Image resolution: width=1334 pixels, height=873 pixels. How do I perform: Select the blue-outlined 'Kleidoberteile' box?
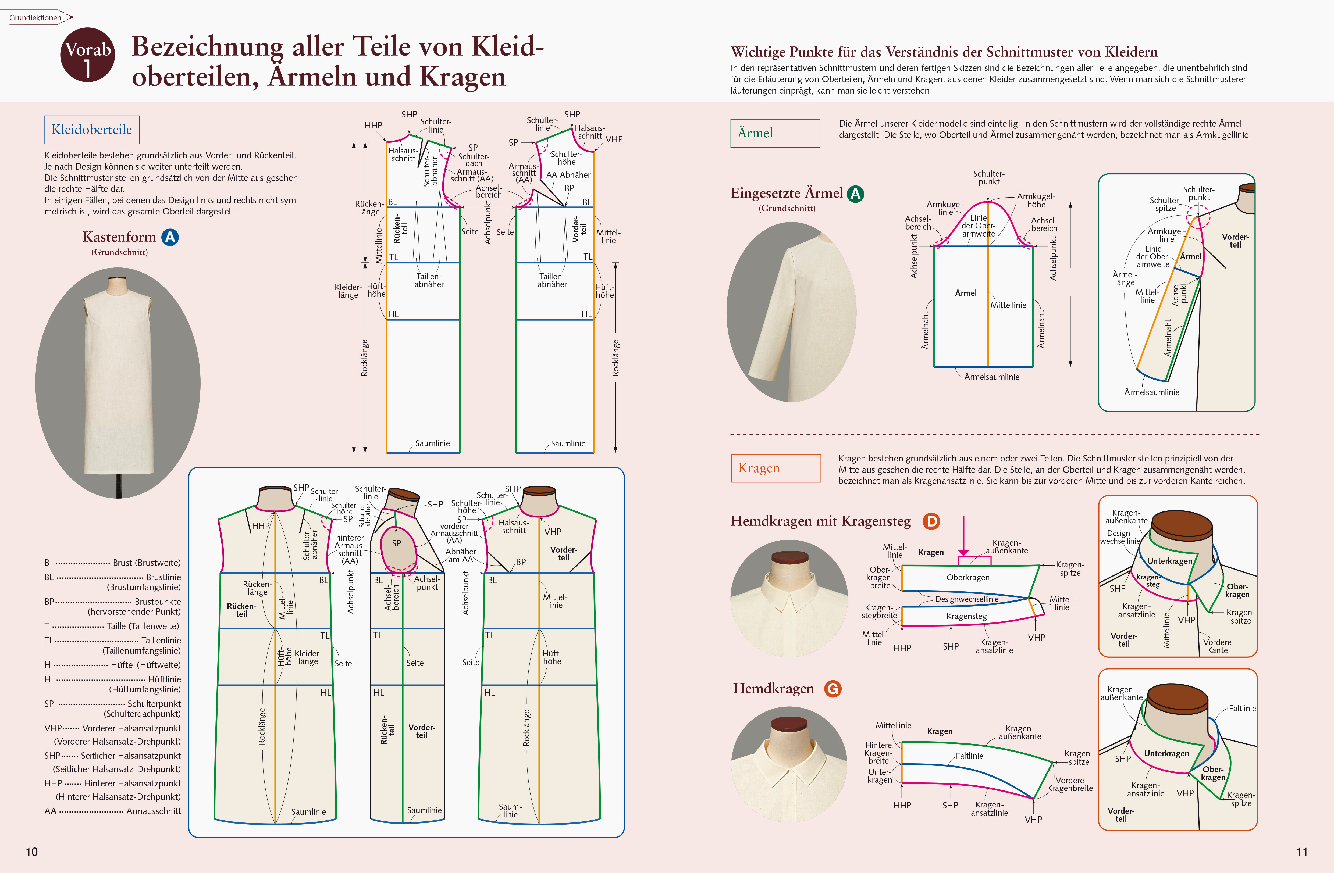92,130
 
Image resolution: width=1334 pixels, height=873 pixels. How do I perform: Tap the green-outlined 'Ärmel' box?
775,133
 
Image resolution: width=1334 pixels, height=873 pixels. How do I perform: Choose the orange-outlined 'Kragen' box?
776,468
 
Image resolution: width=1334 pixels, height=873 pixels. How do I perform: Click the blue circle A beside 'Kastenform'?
170,237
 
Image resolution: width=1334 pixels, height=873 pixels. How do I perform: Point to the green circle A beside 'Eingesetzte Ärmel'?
855,194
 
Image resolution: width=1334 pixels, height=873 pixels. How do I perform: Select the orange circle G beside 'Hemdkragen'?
833,689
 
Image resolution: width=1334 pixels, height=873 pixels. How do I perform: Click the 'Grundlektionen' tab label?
35,17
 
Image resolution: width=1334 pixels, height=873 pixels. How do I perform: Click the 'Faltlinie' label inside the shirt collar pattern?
969,756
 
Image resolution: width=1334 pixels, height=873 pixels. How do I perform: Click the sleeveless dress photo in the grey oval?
118,383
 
